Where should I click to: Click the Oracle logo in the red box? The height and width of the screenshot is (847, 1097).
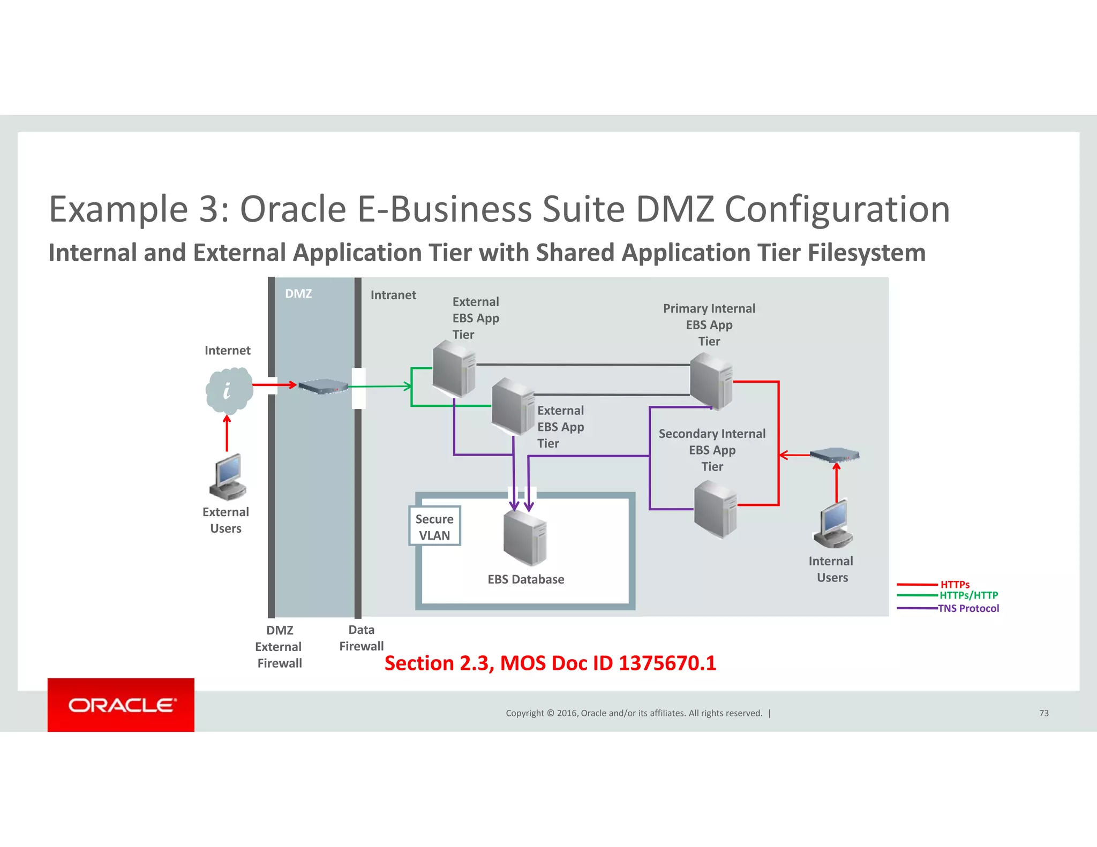pyautogui.click(x=121, y=705)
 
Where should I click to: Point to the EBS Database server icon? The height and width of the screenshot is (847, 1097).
pyautogui.click(x=524, y=538)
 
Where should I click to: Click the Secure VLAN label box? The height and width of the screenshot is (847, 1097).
pyautogui.click(x=434, y=527)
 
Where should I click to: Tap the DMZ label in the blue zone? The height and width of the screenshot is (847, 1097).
pyautogui.click(x=298, y=293)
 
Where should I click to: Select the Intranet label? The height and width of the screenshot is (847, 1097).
pyautogui.click(x=393, y=295)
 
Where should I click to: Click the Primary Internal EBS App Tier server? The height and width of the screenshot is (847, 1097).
pyautogui.click(x=711, y=381)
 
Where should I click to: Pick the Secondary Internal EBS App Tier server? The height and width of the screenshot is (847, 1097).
pyautogui.click(x=715, y=509)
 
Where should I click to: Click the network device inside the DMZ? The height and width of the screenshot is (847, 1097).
pyautogui.click(x=324, y=386)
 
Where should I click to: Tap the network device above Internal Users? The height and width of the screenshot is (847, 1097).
pyautogui.click(x=834, y=455)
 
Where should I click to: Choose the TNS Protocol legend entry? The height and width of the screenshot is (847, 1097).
pyautogui.click(x=968, y=608)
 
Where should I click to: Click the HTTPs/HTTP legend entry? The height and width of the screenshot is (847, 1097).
pyautogui.click(x=968, y=595)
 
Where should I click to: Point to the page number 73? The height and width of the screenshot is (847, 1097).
pyautogui.click(x=1043, y=713)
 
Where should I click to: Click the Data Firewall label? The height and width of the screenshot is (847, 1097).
pyautogui.click(x=361, y=638)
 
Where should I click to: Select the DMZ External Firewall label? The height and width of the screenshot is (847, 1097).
pyautogui.click(x=279, y=647)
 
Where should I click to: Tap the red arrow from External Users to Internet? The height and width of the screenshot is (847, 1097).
pyautogui.click(x=227, y=434)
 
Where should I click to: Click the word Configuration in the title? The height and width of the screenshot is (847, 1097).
pyautogui.click(x=837, y=209)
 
